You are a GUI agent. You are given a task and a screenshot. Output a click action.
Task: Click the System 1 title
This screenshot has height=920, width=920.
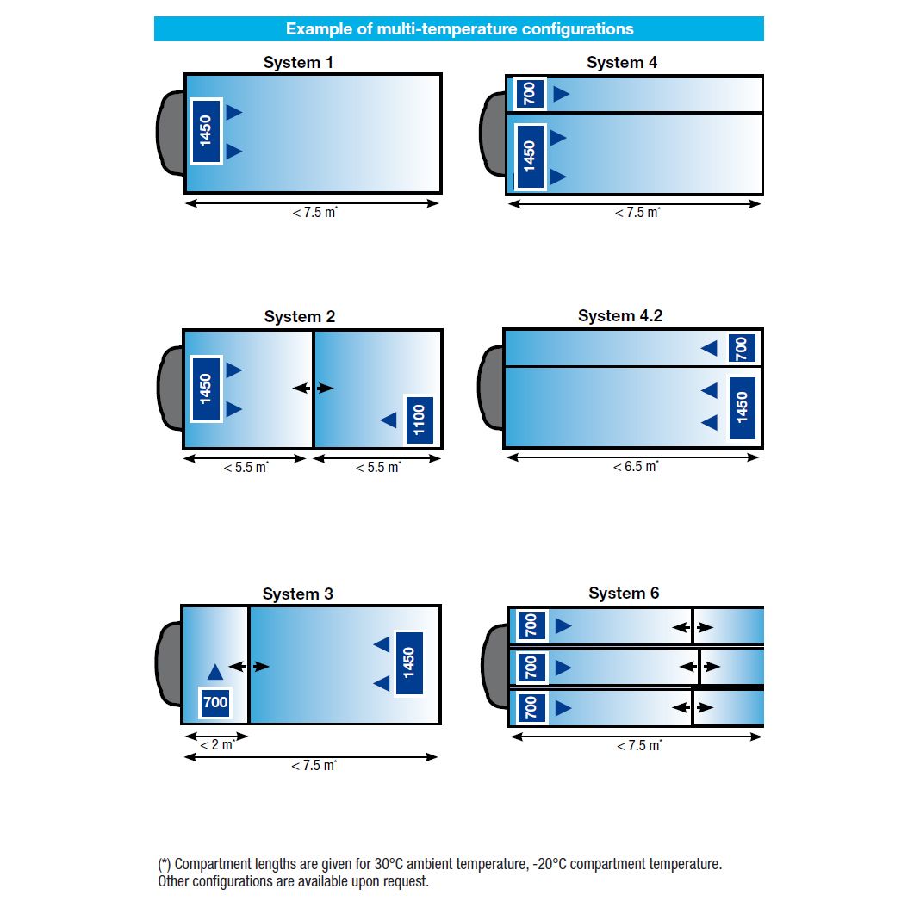coord(298,63)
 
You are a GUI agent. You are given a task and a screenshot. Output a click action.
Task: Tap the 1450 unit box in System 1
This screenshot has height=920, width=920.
coord(206,131)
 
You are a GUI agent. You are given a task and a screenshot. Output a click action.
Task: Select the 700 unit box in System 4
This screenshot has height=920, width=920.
coord(530,93)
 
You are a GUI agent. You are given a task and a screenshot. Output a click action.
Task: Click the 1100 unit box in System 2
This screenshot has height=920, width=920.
coord(420,420)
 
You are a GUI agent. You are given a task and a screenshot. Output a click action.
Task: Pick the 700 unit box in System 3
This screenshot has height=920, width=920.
coord(215,702)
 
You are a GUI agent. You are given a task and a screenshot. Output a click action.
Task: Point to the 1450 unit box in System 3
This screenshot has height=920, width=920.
coord(409,662)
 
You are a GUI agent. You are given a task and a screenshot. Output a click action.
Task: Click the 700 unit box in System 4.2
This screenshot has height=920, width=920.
coord(742,348)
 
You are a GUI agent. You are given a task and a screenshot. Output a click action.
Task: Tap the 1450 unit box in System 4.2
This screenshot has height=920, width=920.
coord(742,408)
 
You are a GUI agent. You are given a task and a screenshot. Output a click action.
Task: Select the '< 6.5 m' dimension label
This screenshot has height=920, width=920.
coord(636,467)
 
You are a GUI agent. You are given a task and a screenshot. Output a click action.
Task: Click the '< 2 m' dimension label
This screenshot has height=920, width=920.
coord(216,745)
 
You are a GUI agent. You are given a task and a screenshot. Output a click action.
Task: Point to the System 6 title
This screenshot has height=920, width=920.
coord(624,594)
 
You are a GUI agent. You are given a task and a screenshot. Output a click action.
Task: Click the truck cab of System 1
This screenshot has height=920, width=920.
coord(170,133)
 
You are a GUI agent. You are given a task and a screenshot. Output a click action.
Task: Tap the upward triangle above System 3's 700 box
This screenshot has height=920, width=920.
coord(215,672)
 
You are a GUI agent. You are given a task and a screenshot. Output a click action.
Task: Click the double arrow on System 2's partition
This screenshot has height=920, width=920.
coord(313,389)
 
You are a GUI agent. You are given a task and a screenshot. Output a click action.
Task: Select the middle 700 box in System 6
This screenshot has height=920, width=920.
coord(531,667)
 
